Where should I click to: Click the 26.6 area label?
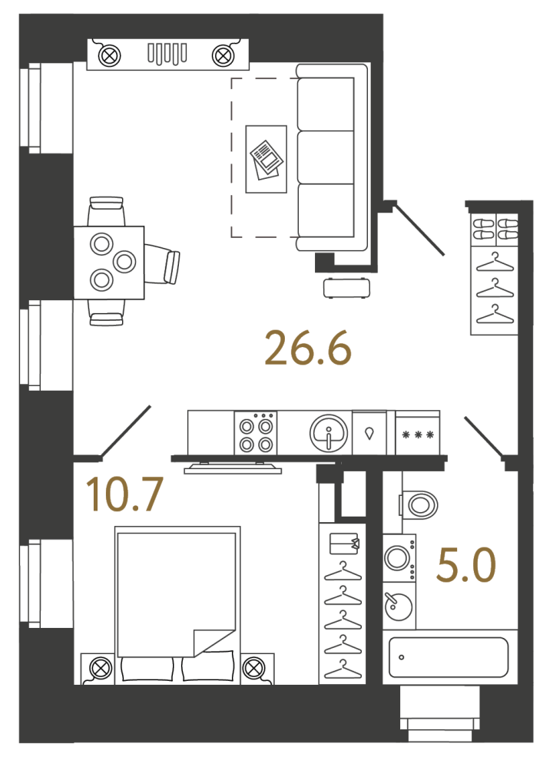click(308, 348)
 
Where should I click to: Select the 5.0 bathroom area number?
click(466, 565)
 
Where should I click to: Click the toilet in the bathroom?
click(419, 504)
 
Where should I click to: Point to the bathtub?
click(448, 657)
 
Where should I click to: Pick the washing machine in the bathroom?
click(399, 558)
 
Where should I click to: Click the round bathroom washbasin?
click(399, 606)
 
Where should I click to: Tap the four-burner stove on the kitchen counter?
click(256, 433)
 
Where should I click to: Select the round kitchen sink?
click(329, 434)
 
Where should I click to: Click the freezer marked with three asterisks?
click(418, 433)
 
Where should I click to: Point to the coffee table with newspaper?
click(266, 159)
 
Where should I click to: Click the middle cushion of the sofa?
click(326, 157)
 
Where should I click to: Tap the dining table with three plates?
click(109, 263)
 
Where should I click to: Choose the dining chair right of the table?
click(162, 264)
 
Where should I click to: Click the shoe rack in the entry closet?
click(495, 230)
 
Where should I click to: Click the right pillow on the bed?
click(207, 666)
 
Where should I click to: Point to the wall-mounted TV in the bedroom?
click(233, 468)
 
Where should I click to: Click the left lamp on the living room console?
click(110, 55)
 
